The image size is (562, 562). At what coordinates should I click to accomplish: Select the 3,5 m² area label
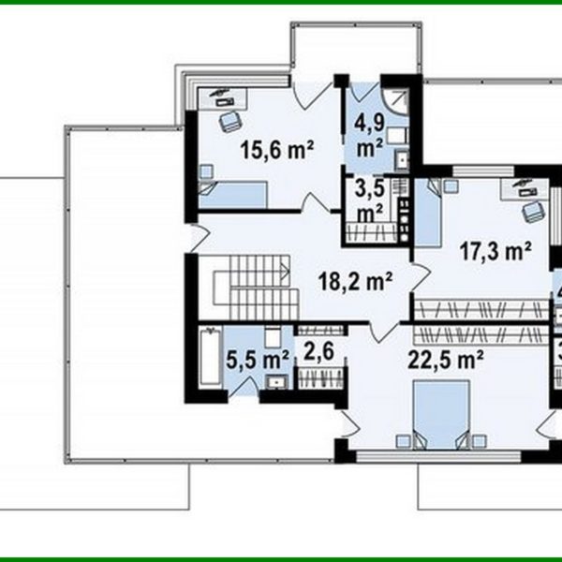(367, 199)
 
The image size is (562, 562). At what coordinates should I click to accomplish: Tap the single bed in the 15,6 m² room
(234, 195)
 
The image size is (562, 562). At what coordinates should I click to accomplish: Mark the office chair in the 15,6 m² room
(229, 119)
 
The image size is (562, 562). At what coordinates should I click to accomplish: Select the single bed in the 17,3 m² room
(427, 208)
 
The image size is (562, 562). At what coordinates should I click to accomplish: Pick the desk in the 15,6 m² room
(225, 96)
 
